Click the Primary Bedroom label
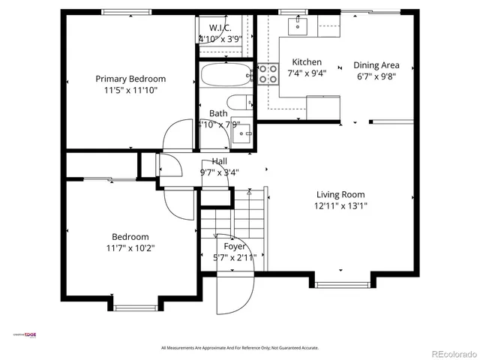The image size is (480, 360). point(130,79)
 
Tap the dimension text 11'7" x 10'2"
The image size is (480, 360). point(130,247)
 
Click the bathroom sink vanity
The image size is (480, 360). point(242,133)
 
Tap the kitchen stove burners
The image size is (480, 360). point(268,73)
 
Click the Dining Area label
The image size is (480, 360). point(376,65)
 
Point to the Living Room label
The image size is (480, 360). point(341,193)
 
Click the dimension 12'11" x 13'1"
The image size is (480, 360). point(341,205)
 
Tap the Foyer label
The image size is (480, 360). point(235,246)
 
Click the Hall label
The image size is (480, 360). point(220,161)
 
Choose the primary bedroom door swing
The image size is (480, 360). point(178,136)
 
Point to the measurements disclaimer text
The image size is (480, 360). point(240,348)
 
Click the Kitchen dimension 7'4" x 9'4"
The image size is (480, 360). point(307,74)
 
